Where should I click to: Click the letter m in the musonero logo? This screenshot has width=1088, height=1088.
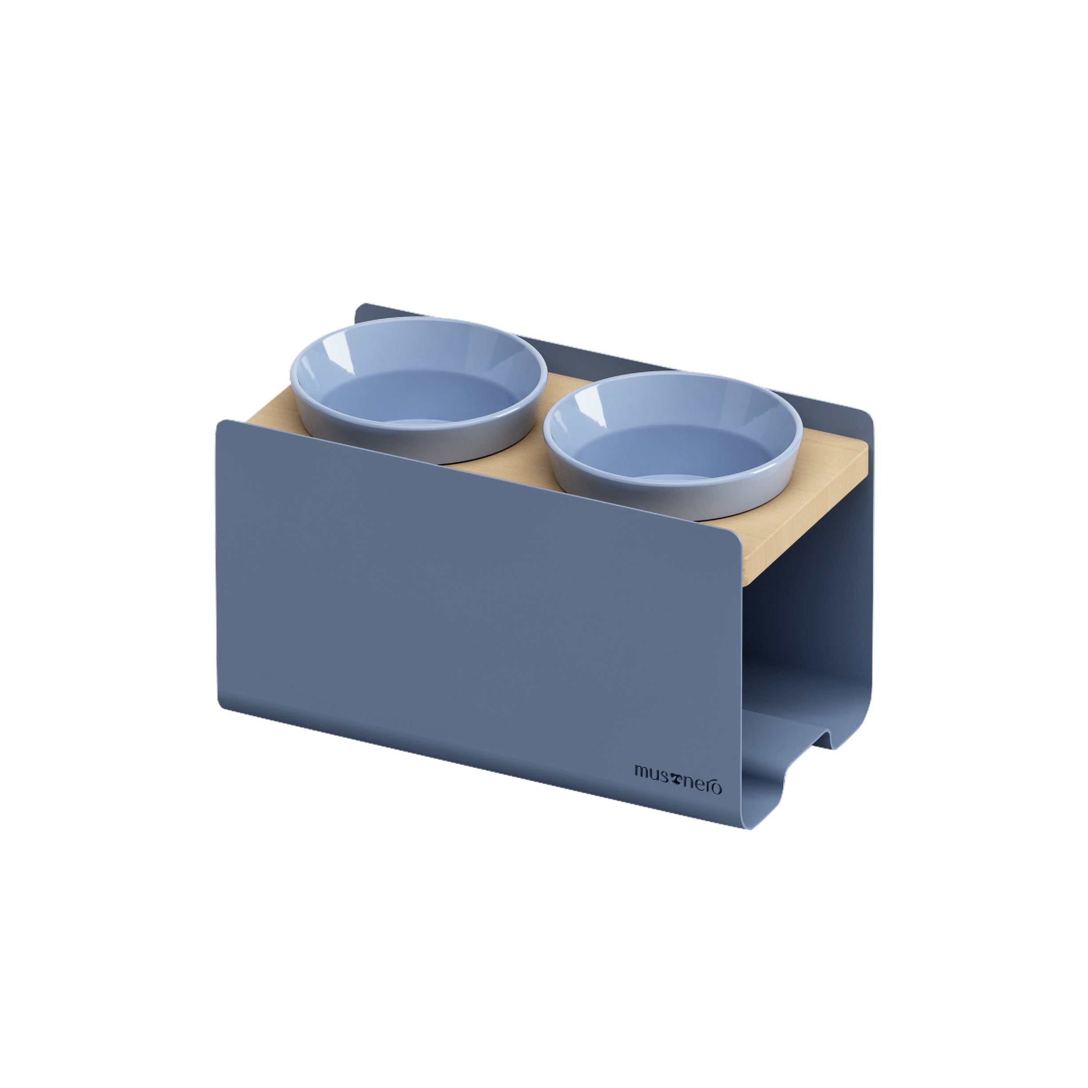pos(643,771)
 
